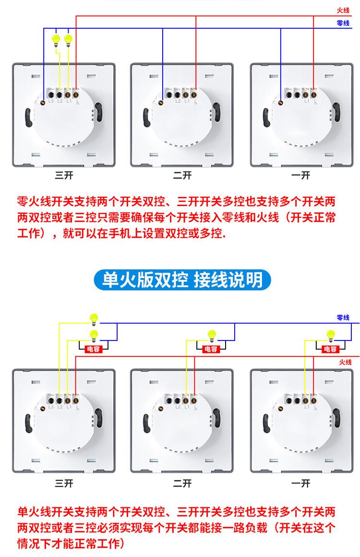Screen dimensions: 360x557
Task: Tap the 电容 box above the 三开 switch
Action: coord(93,349)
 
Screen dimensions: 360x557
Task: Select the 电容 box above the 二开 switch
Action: coord(211,349)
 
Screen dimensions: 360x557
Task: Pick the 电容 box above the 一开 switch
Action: coord(330,349)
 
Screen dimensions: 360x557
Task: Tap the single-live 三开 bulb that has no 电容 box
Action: coord(94,318)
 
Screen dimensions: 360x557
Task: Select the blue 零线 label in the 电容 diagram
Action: coord(343,317)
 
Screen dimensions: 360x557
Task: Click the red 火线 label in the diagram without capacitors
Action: coord(343,10)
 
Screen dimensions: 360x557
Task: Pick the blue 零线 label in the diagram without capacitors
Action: coord(343,23)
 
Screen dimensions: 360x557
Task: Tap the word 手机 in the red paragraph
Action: coord(131,234)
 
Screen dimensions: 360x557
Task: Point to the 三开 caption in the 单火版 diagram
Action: coord(64,483)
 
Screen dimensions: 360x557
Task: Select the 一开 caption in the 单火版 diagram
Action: coord(301,483)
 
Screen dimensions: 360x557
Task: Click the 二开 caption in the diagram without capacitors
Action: coord(182,175)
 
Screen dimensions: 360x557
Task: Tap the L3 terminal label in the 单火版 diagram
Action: coord(51,407)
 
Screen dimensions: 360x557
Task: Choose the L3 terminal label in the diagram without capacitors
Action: coord(51,100)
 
